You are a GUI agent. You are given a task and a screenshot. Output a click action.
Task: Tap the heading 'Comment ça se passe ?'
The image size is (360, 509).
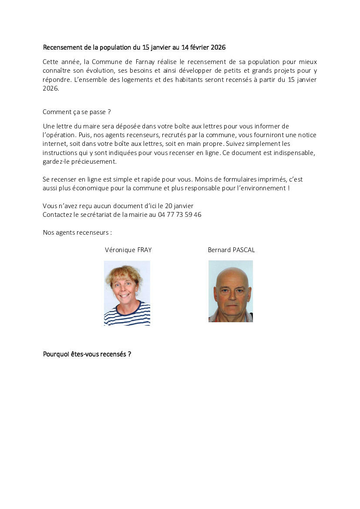click(x=77, y=112)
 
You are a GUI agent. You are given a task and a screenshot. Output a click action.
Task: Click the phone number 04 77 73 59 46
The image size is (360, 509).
click(x=180, y=215)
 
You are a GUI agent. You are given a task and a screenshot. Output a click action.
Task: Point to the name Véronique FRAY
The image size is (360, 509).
click(x=128, y=250)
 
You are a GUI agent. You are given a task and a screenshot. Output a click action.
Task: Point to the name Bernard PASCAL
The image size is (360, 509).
click(x=231, y=250)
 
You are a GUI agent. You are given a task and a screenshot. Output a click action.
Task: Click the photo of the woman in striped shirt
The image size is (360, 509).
click(x=127, y=293)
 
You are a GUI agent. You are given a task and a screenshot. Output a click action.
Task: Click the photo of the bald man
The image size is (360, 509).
click(x=231, y=291)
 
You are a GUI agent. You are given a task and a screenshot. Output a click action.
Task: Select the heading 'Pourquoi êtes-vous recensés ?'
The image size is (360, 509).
click(x=87, y=354)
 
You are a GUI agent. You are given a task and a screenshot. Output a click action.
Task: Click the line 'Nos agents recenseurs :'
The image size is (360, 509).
click(x=77, y=233)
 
